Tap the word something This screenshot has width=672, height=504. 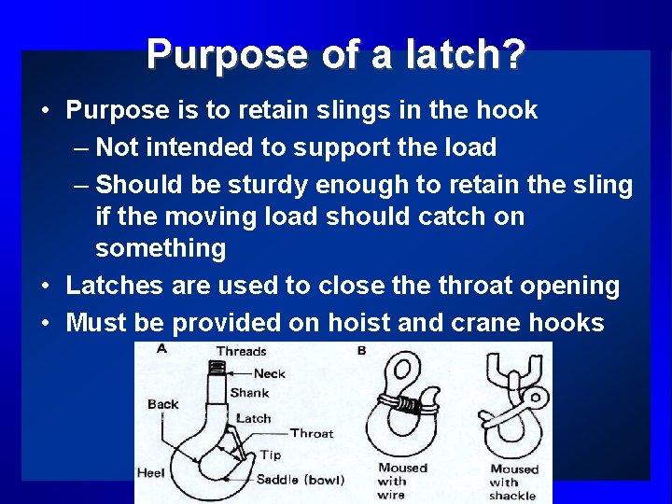[161, 248]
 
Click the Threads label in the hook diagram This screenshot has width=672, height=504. [241, 352]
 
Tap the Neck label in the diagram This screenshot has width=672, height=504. [269, 373]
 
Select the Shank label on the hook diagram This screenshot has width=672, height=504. [249, 393]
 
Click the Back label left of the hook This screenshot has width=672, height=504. [162, 404]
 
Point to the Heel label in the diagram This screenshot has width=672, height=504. [151, 473]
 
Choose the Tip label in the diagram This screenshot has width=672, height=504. [270, 455]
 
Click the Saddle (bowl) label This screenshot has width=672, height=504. [300, 480]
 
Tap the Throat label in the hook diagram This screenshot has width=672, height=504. [311, 433]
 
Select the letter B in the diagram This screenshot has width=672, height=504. [361, 350]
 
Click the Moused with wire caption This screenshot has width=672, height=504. [402, 481]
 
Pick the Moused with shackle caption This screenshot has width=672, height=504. [514, 483]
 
